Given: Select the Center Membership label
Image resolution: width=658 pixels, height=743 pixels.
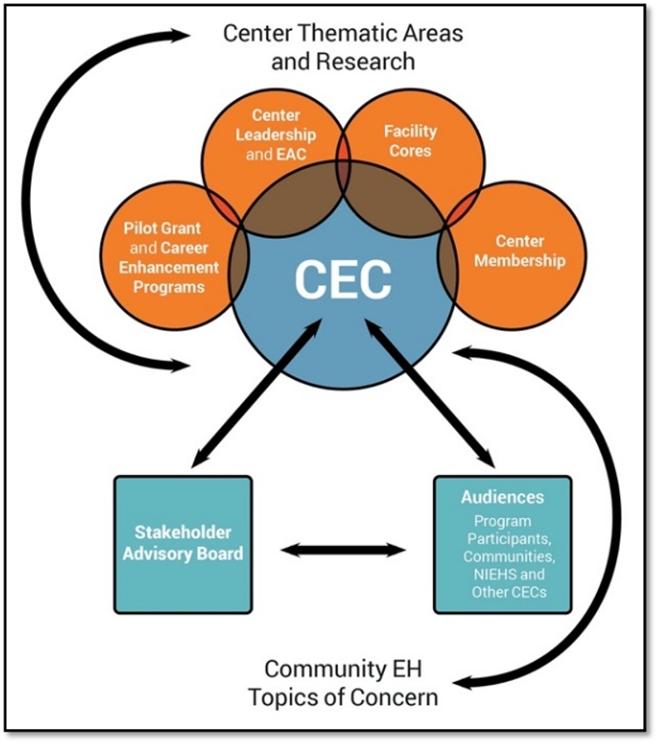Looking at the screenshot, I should click(x=520, y=250).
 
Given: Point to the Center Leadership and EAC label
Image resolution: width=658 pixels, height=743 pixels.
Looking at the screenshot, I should click(x=276, y=136).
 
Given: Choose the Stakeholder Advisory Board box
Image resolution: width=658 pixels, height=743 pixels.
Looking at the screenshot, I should click(x=183, y=543).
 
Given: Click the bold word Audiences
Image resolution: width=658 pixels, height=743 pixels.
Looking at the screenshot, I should click(x=502, y=497).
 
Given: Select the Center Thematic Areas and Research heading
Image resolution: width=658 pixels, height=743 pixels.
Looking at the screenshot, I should click(x=342, y=47).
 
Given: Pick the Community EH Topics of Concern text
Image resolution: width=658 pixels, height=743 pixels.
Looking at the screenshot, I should click(x=343, y=683).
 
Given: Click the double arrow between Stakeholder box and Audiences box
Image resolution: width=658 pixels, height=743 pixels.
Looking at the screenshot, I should click(x=344, y=550).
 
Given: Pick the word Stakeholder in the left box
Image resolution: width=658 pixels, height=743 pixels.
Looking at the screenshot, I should click(x=182, y=532).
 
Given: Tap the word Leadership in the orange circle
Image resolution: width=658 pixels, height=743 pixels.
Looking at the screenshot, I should click(x=276, y=136).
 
